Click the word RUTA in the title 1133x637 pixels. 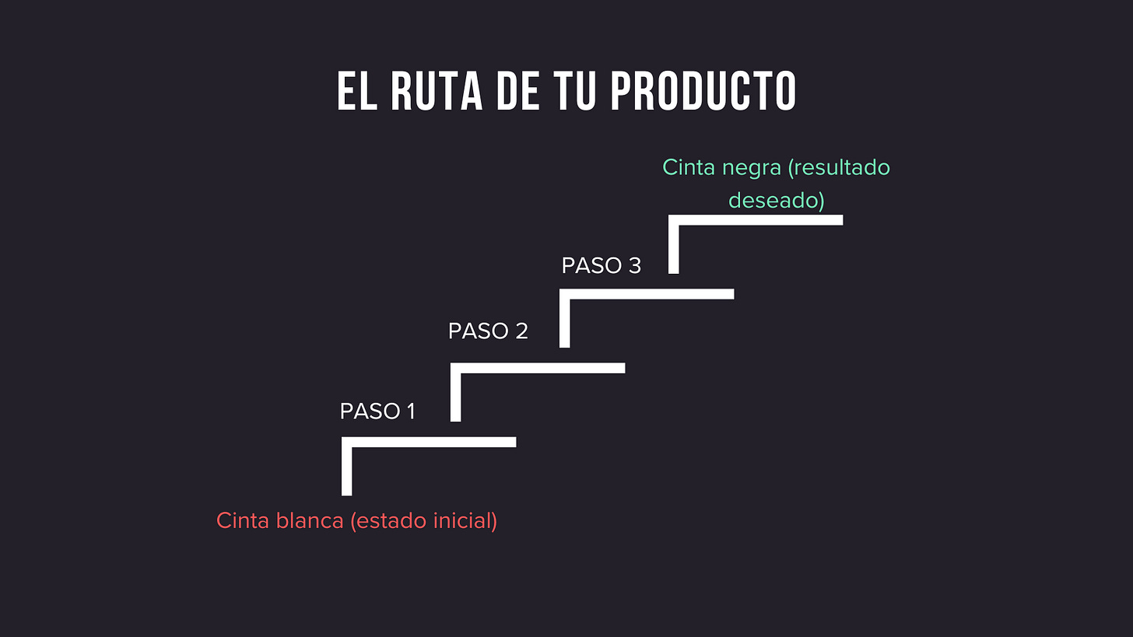pyautogui.click(x=425, y=92)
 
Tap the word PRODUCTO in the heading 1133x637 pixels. pyautogui.click(x=703, y=92)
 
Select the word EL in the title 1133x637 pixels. pyautogui.click(x=356, y=92)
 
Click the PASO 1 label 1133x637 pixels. pyautogui.click(x=377, y=411)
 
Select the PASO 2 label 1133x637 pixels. pyautogui.click(x=488, y=331)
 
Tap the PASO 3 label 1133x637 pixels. pyautogui.click(x=601, y=265)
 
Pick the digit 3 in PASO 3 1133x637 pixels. pyautogui.click(x=634, y=265)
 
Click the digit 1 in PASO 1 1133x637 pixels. pyautogui.click(x=409, y=411)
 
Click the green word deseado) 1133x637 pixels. pyautogui.click(x=776, y=200)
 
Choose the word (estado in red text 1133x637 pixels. pyautogui.click(x=388, y=520)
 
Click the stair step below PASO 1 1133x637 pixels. pyautogui.click(x=429, y=442)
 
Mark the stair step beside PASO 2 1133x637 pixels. pyautogui.click(x=538, y=368)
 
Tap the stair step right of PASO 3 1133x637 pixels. pyautogui.click(x=647, y=294)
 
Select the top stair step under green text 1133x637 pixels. pyautogui.click(x=756, y=220)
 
